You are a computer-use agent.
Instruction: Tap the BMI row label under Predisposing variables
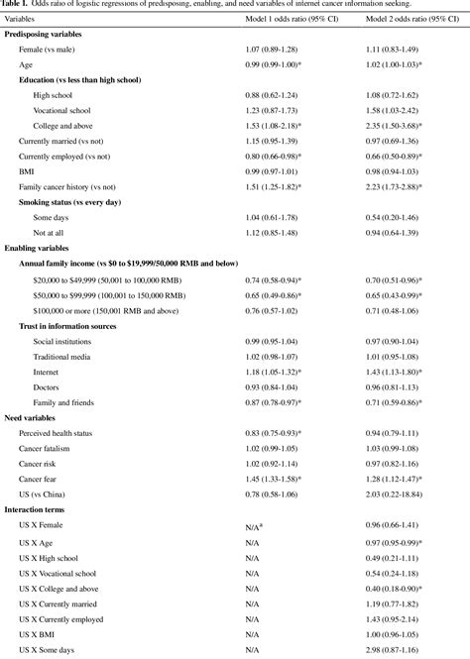(27, 172)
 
